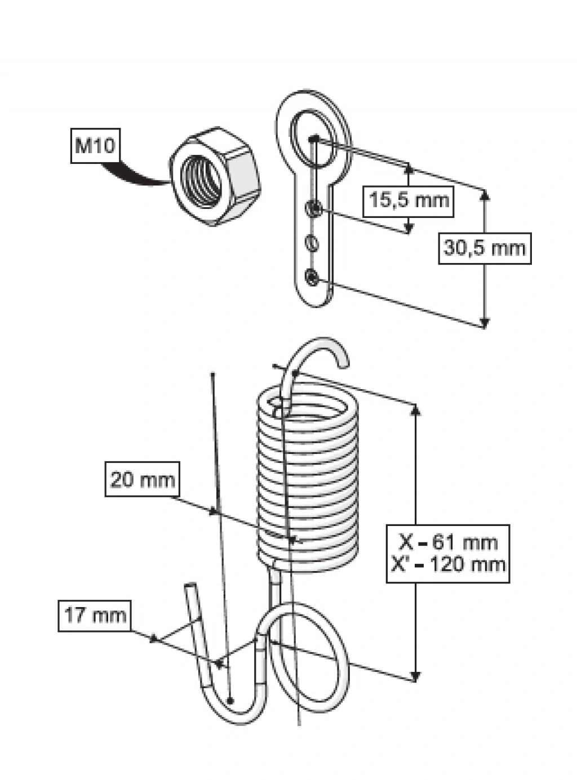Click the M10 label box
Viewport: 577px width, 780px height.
(94, 146)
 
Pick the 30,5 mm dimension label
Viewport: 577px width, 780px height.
(485, 248)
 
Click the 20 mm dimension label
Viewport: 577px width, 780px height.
(143, 480)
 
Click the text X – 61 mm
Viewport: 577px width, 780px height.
(449, 543)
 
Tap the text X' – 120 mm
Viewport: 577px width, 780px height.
(449, 564)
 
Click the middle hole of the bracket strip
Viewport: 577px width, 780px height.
(313, 243)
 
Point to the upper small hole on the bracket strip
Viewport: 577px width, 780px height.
(313, 210)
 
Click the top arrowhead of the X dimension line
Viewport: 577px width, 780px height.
(416, 409)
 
